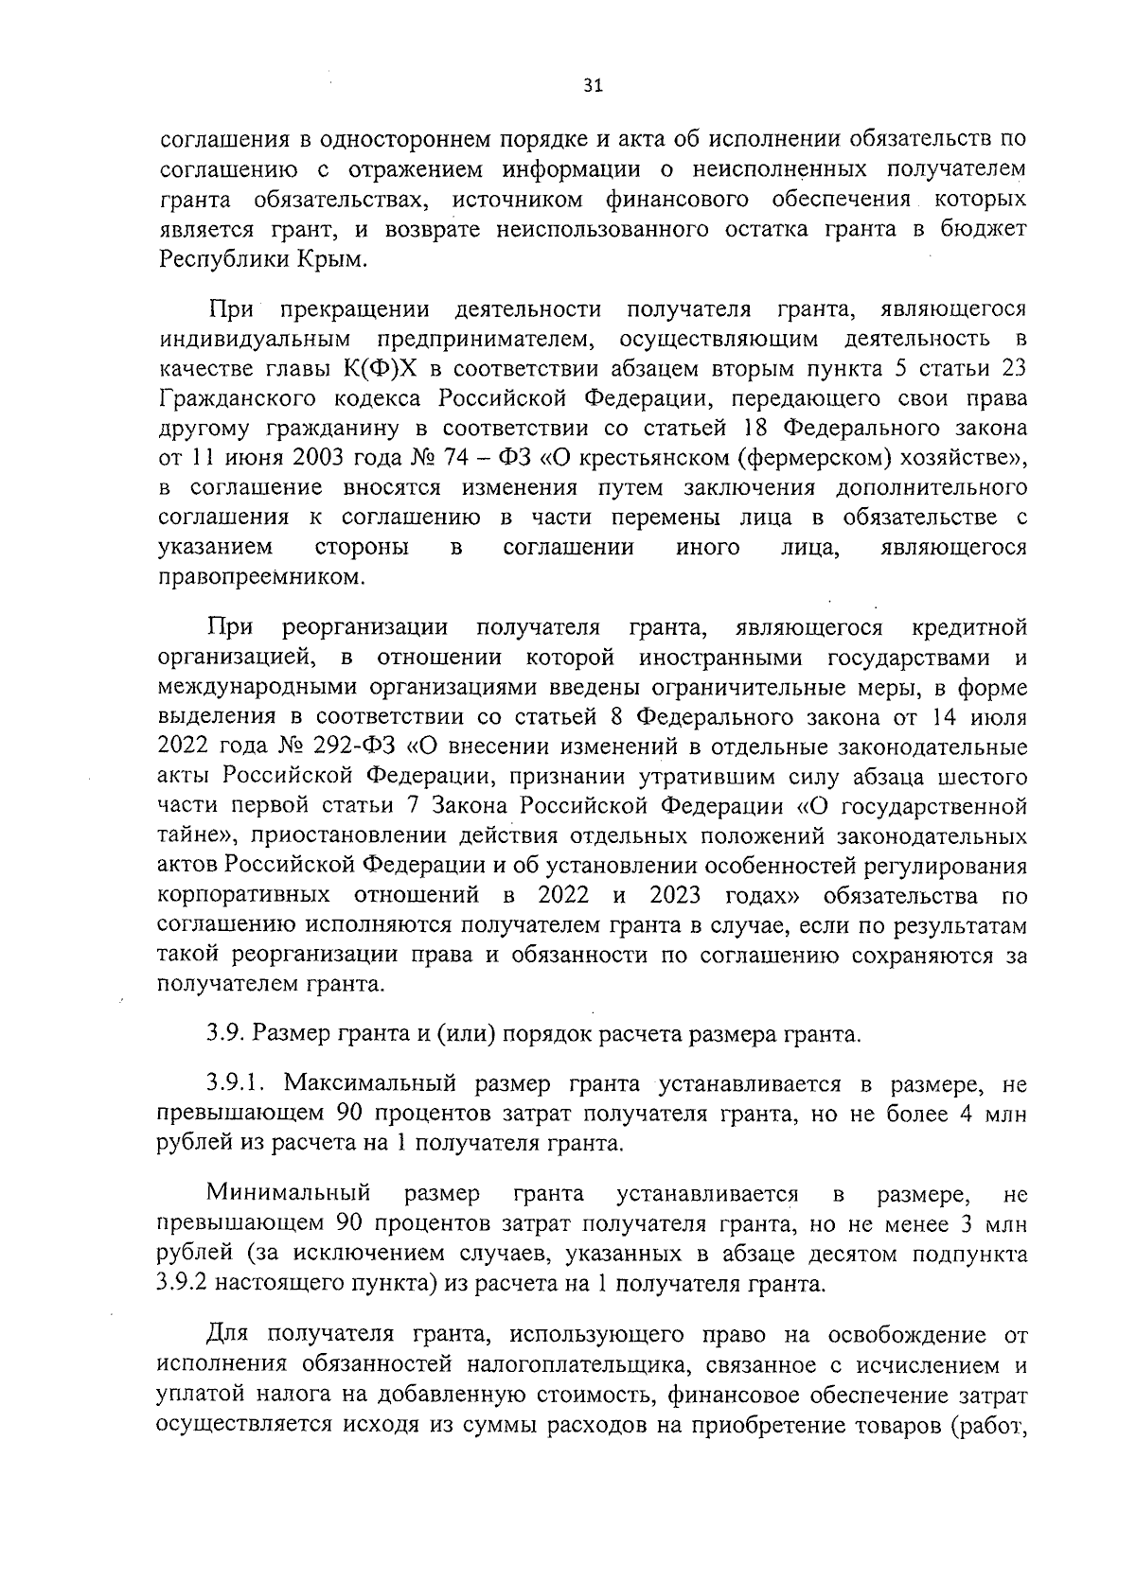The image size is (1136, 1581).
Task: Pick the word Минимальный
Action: click(289, 1194)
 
